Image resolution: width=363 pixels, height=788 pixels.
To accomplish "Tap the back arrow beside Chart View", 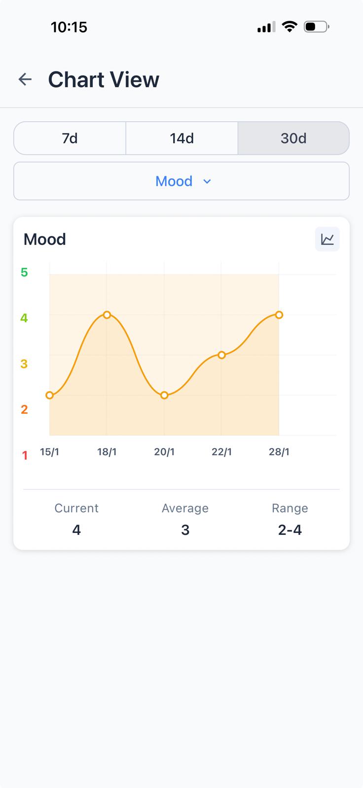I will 25,79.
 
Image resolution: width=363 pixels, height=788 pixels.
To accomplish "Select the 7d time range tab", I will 70,138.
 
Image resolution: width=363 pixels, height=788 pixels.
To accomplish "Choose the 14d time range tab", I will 181,138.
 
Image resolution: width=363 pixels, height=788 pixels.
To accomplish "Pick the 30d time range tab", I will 293,138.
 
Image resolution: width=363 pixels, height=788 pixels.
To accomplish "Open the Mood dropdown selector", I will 181,181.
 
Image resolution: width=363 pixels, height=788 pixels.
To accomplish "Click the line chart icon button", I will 327,239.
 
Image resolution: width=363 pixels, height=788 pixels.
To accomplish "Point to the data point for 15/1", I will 49,395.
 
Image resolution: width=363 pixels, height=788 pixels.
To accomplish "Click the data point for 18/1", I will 107,315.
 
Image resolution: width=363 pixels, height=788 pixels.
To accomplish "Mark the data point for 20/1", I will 164,395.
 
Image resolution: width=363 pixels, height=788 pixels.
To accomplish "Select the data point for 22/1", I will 221,355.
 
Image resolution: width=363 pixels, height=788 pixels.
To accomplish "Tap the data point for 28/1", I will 279,315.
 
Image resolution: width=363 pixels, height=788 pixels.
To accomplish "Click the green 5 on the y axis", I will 24,272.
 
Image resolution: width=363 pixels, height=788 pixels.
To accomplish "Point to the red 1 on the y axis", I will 25,456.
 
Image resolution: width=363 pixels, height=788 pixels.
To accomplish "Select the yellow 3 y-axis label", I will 24,364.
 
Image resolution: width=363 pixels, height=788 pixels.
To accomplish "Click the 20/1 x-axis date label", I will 164,452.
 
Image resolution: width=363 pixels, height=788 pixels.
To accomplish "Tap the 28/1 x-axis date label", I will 279,452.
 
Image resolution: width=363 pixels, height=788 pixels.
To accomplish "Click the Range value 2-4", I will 290,530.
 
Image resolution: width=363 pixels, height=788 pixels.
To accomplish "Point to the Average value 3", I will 185,530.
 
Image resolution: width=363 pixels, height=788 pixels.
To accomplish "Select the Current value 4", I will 76,530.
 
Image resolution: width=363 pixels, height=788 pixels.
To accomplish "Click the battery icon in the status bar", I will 316,27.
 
